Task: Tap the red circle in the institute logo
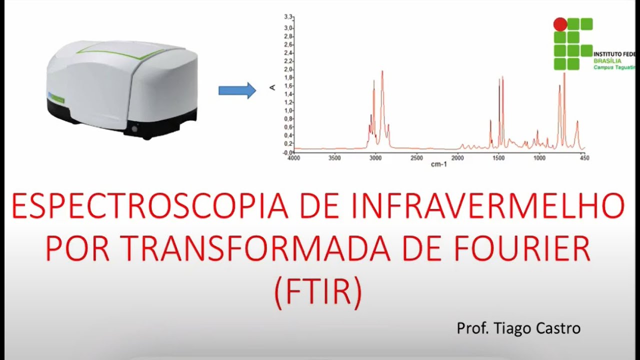pyautogui.click(x=560, y=24)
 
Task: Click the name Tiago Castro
pyautogui.click(x=537, y=328)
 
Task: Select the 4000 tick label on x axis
pyautogui.click(x=294, y=158)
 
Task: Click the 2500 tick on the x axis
pyautogui.click(x=416, y=158)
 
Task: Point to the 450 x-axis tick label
pyautogui.click(x=583, y=158)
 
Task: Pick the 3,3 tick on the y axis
pyautogui.click(x=288, y=17)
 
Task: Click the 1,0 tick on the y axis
pyautogui.click(x=288, y=110)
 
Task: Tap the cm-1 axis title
pyautogui.click(x=438, y=164)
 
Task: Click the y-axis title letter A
pyautogui.click(x=272, y=87)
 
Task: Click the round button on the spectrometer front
pyautogui.click(x=134, y=129)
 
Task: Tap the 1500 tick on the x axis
pyautogui.click(x=498, y=158)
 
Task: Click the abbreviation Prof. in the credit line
pyautogui.click(x=473, y=328)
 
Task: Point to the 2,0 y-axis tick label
pyautogui.click(x=288, y=69)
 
